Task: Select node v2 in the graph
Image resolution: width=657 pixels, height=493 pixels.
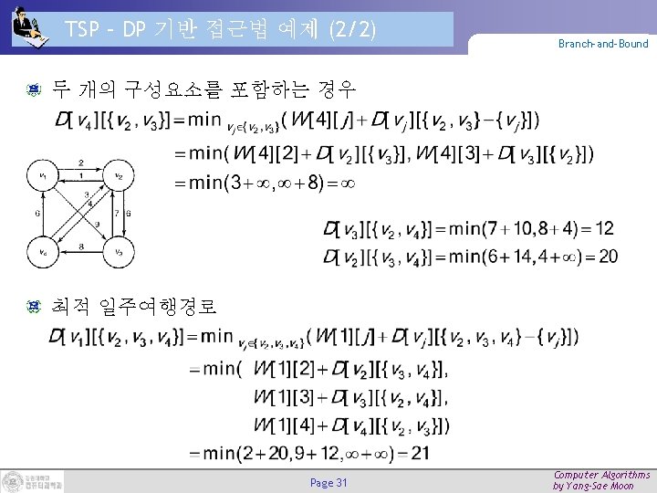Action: pyautogui.click(x=119, y=175)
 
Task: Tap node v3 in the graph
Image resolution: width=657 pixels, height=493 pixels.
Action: pyautogui.click(x=119, y=252)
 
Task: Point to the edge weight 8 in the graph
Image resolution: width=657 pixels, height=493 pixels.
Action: pyautogui.click(x=80, y=246)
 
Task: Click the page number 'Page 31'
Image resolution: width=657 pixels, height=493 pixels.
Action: pyautogui.click(x=328, y=482)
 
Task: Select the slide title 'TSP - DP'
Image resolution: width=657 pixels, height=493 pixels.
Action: pyautogui.click(x=220, y=29)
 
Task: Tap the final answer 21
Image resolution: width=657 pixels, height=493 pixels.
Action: pyautogui.click(x=419, y=453)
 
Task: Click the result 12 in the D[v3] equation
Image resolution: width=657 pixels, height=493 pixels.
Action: pyautogui.click(x=604, y=227)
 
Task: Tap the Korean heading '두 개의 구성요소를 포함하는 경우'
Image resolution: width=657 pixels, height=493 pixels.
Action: pyautogui.click(x=203, y=89)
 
